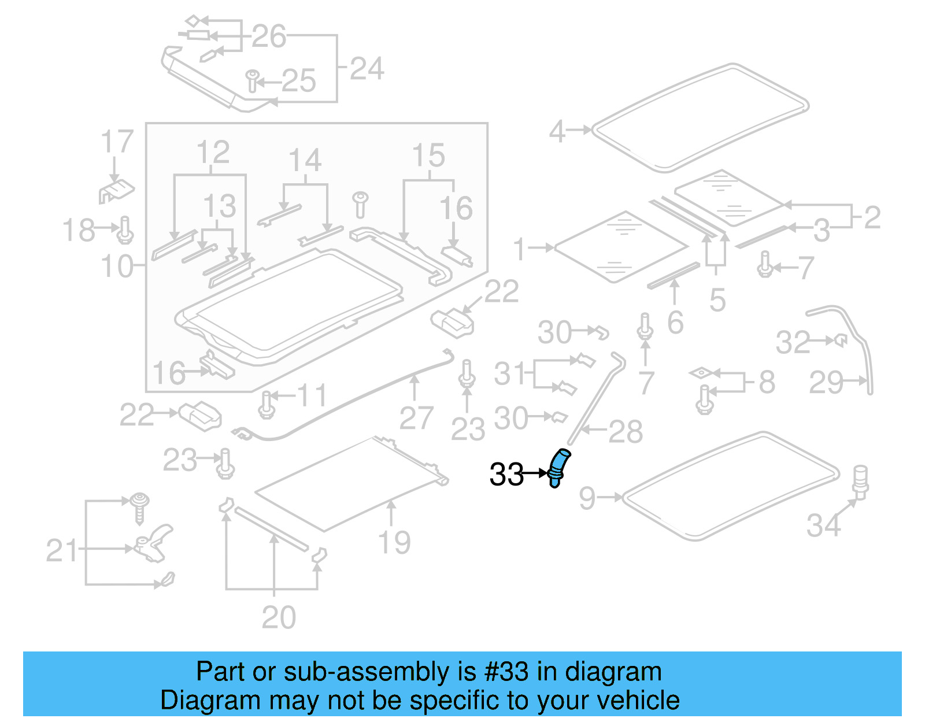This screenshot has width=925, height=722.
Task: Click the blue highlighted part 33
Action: point(557,467)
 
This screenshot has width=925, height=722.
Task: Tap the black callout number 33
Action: point(506,475)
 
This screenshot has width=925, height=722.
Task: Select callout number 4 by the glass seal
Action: point(557,132)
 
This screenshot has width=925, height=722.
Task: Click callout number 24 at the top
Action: point(367,69)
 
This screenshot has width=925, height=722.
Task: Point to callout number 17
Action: point(117,142)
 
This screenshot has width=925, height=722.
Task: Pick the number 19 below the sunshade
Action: point(394,542)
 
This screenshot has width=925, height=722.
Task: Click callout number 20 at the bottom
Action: point(279,617)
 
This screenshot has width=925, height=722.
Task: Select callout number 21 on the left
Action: point(62,550)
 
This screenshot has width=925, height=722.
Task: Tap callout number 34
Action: point(823,525)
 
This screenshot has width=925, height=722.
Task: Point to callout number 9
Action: point(587,498)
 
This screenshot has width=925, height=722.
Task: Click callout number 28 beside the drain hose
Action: point(626,432)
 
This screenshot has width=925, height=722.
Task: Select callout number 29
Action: point(826,383)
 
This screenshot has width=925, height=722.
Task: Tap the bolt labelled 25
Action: point(252,81)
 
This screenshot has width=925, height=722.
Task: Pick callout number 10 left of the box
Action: point(117,266)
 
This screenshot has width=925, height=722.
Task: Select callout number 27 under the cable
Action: point(416,418)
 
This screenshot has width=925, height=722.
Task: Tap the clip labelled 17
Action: point(117,190)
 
